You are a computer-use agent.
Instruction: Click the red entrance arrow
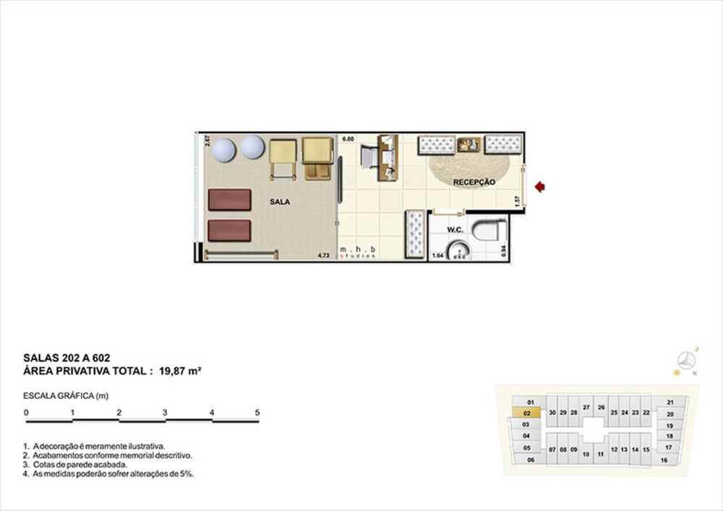[x=539, y=187]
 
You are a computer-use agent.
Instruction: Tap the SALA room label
[x=280, y=202]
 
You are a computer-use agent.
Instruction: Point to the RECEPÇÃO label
[x=474, y=182]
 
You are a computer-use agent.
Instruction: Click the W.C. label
[x=455, y=230]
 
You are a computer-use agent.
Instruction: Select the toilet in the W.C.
[x=489, y=231]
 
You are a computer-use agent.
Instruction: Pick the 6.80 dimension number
[x=348, y=138]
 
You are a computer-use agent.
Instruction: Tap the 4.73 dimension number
[x=324, y=255]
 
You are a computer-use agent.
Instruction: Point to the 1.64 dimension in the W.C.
[x=437, y=255]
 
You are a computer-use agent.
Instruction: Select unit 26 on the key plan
[x=601, y=407]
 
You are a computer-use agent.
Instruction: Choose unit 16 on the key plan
[x=664, y=460]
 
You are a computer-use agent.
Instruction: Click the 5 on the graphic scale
[x=257, y=412]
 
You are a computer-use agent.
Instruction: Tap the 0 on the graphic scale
[x=26, y=412]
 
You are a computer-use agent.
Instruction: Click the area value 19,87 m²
[x=179, y=371]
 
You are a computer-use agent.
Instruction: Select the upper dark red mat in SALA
[x=229, y=199]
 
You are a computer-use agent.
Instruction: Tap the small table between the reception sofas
[x=469, y=144]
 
